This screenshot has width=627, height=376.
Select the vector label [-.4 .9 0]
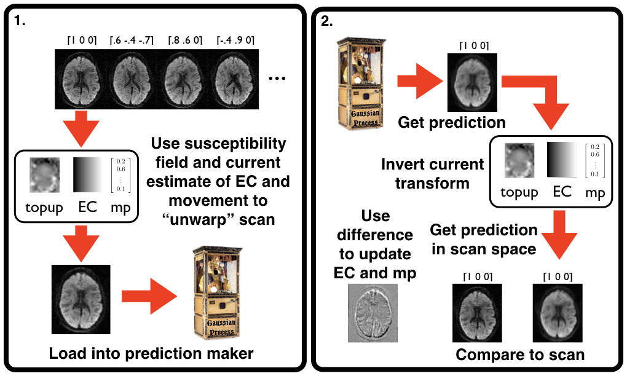(x=235, y=41)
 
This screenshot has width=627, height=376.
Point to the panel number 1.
(x=20, y=20)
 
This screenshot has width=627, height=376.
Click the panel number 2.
(x=327, y=20)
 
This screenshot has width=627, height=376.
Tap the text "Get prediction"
(x=452, y=122)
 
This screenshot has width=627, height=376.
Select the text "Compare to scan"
(x=520, y=354)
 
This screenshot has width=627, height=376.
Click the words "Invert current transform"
(x=433, y=174)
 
